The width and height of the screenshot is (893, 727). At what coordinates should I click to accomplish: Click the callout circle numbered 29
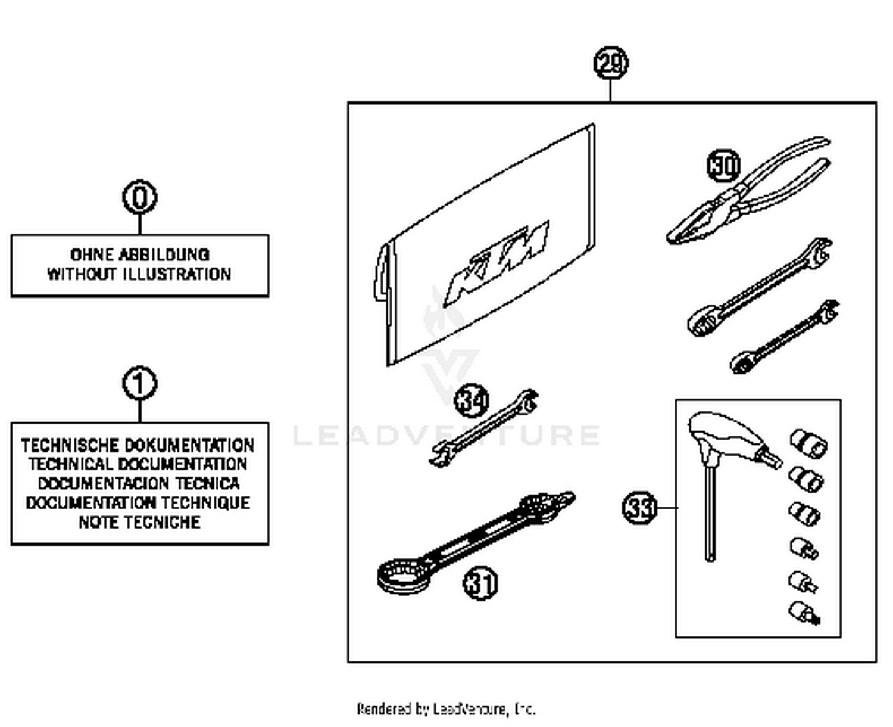pos(611,63)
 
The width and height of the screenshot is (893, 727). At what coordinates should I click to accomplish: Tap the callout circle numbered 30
pos(723,166)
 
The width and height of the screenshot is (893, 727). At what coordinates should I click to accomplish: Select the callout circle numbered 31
pos(480,583)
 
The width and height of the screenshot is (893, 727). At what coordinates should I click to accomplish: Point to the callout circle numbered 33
pos(639,508)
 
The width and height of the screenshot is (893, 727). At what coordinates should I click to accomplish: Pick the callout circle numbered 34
pos(472,400)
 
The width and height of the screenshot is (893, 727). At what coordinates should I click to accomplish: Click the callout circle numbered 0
pos(140,197)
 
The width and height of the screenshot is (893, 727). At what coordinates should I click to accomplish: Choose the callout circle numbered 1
pos(140,384)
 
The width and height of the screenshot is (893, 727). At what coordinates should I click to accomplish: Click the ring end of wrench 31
pos(402,576)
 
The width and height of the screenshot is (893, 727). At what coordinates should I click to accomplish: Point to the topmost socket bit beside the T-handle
pos(808,443)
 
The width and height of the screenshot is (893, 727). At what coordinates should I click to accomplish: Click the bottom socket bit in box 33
pos(804,613)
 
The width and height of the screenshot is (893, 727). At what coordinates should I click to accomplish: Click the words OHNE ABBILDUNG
pos(140,254)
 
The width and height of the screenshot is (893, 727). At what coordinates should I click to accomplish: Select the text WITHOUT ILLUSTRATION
pos(140,274)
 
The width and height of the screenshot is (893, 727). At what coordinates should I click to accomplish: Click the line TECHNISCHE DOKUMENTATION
pos(138,445)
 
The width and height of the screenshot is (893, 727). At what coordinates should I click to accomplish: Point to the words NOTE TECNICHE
pos(140,522)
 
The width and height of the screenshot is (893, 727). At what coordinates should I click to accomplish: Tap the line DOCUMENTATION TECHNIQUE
pos(138,503)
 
